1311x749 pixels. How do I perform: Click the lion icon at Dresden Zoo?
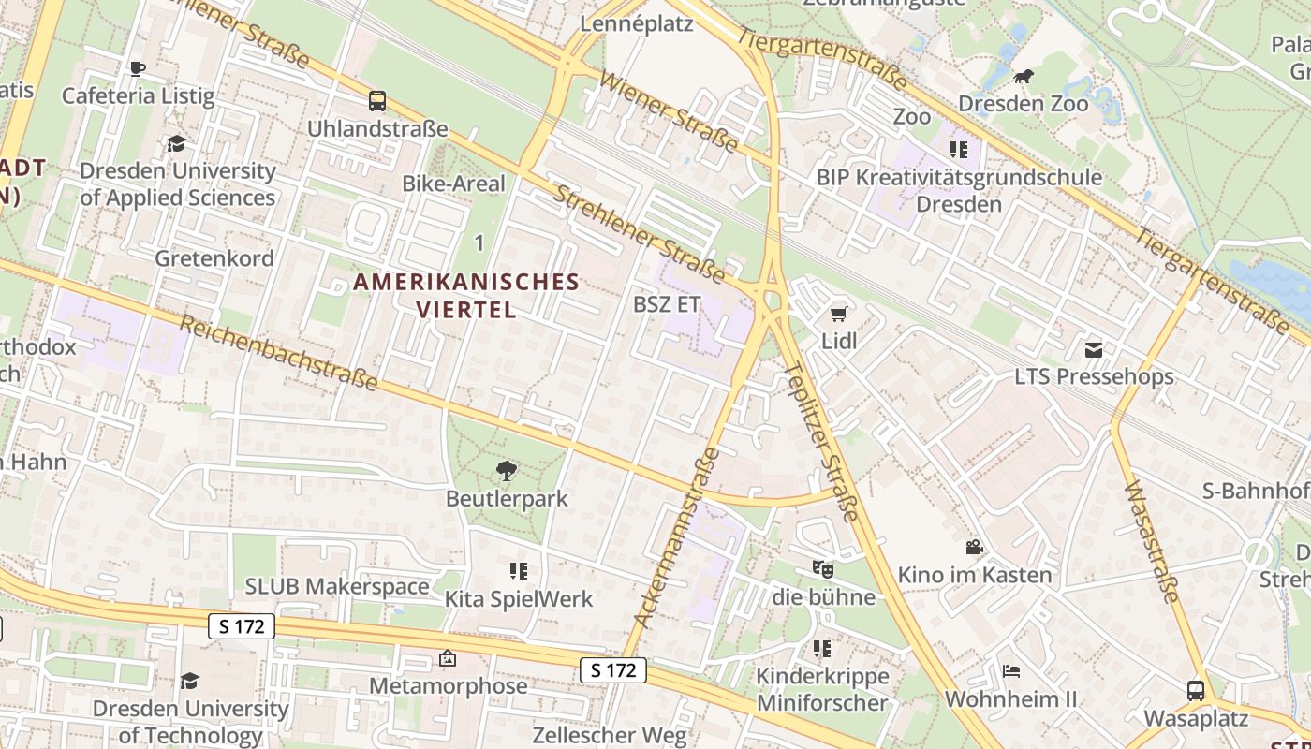pos(1024,77)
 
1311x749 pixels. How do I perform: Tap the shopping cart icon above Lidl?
pos(839,315)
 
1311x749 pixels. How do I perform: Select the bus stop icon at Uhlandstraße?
pos(377,101)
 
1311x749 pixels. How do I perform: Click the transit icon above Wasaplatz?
pos(1196,691)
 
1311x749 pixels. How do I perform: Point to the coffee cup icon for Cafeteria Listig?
pos(138,68)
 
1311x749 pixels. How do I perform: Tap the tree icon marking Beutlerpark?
pos(507,470)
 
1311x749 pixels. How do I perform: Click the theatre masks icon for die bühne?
pos(823,568)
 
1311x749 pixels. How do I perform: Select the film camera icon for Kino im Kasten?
pos(975,547)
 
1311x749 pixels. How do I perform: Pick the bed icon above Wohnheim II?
pos(1010,671)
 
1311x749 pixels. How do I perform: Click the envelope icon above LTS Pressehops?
pos(1094,349)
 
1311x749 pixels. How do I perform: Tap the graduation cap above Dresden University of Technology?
pos(190,681)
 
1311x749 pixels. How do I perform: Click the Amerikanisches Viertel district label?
pos(466,295)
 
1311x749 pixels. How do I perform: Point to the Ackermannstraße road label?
pos(676,537)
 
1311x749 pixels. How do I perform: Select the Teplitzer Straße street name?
pos(824,441)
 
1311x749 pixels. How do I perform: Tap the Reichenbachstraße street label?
pos(278,353)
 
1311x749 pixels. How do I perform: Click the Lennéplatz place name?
pos(637,22)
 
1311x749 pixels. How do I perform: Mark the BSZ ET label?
pos(667,304)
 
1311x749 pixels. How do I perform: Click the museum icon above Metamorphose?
pos(448,659)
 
